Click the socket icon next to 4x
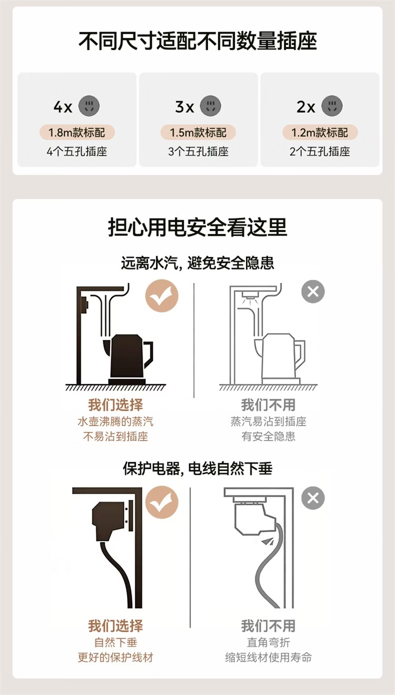point(89,106)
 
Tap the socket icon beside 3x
point(211,106)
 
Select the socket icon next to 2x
point(332,106)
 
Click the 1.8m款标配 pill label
point(77,132)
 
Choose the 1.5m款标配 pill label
point(198,132)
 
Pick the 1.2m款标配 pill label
point(320,132)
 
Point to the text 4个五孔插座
point(77,152)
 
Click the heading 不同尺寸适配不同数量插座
point(197,41)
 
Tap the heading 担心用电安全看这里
point(197,228)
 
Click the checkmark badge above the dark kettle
point(162,296)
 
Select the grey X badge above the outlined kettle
point(313,292)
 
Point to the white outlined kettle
point(280,359)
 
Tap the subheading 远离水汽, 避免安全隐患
point(197,263)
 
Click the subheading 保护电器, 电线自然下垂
point(197,468)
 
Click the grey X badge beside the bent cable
point(313,498)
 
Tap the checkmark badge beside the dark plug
point(162,502)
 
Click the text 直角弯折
point(269,642)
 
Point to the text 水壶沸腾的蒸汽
point(115,422)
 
